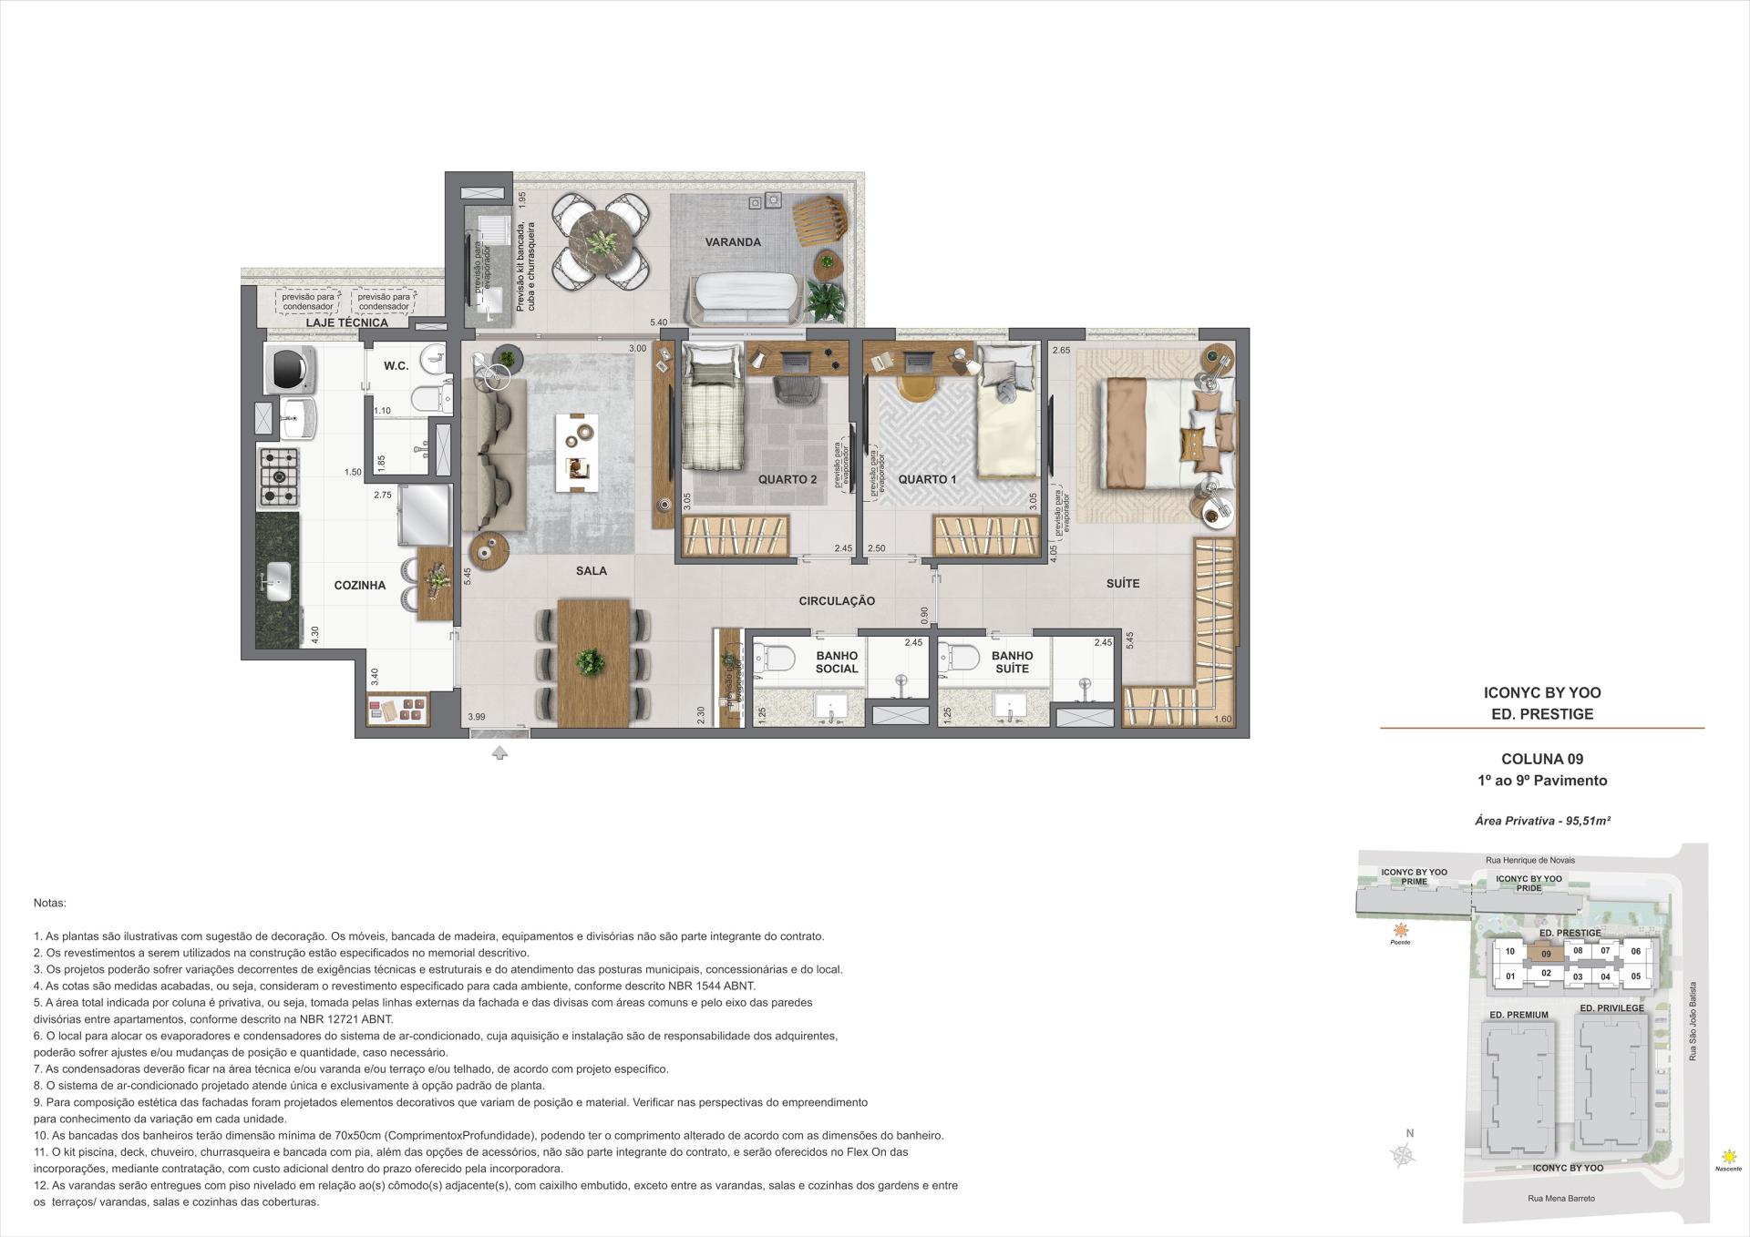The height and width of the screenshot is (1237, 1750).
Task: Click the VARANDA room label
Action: click(733, 242)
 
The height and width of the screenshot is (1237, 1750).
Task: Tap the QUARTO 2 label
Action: click(787, 479)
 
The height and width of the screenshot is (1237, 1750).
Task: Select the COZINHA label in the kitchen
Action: click(359, 586)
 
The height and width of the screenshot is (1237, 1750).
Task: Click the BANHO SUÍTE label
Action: click(1012, 662)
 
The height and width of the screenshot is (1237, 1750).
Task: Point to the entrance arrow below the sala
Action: click(499, 753)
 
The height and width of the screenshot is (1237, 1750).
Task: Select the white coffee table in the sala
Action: click(577, 452)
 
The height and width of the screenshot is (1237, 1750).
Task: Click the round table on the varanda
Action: click(602, 242)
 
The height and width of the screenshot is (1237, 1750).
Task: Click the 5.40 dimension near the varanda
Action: click(658, 322)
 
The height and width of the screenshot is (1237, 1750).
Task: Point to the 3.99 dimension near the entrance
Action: click(476, 718)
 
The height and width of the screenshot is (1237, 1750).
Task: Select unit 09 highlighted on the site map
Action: click(1546, 955)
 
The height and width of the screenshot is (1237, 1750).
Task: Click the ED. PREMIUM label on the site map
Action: click(1518, 1015)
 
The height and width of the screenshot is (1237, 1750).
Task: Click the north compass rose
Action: click(1405, 1156)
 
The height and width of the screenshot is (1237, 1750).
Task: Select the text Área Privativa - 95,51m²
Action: click(1542, 821)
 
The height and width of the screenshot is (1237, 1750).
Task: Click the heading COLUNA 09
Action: click(1542, 759)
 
